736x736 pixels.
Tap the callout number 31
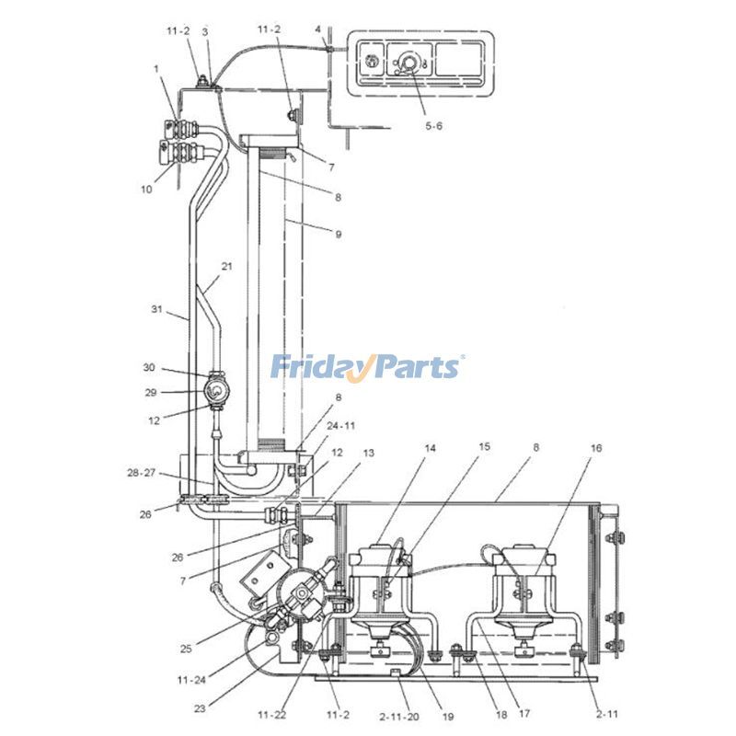click(157, 309)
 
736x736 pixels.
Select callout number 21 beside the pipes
click(227, 266)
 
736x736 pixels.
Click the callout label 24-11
click(340, 426)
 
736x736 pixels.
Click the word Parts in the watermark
click(413, 367)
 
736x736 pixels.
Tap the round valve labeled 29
click(215, 392)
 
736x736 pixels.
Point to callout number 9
click(339, 234)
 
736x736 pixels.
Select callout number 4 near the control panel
click(318, 29)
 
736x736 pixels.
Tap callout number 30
click(149, 368)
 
